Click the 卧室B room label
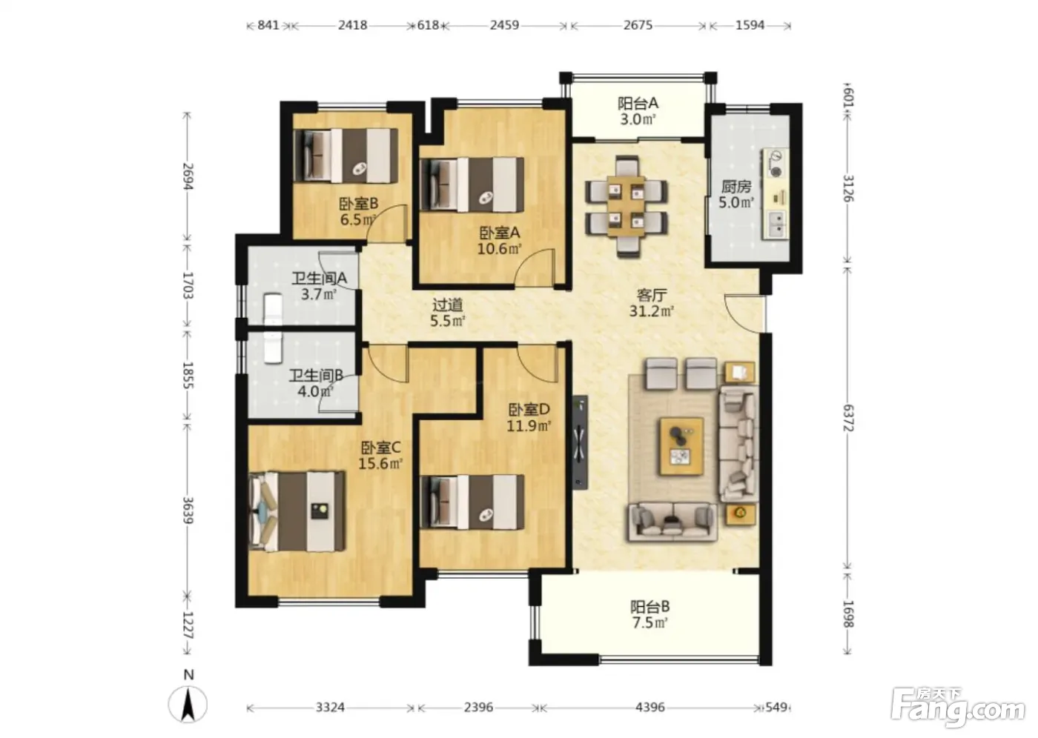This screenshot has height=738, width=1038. [x=359, y=203]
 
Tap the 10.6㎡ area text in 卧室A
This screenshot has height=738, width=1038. [x=499, y=249]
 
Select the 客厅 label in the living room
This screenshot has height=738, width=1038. [x=652, y=295]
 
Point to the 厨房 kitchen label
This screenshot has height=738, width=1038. [x=736, y=187]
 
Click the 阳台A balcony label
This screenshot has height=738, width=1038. [x=638, y=103]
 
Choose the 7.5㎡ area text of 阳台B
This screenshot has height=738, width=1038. [x=649, y=622]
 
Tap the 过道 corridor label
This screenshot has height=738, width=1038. [x=447, y=305]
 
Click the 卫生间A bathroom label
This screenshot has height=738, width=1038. [x=320, y=279]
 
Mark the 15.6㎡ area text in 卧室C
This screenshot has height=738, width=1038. [x=380, y=463]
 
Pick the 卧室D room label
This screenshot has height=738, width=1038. [x=529, y=409]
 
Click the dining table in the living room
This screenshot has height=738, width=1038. [x=627, y=206]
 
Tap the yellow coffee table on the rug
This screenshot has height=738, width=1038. [x=681, y=446]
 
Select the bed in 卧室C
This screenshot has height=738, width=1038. [x=297, y=511]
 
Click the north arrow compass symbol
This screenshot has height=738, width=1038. [x=188, y=705]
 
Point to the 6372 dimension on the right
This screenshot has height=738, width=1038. [x=847, y=418]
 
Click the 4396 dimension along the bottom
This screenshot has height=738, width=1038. [x=650, y=707]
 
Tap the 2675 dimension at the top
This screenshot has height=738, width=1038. [x=638, y=25]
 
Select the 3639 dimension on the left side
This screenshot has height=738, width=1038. [x=188, y=511]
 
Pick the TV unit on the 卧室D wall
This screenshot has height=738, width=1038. [x=580, y=442]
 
